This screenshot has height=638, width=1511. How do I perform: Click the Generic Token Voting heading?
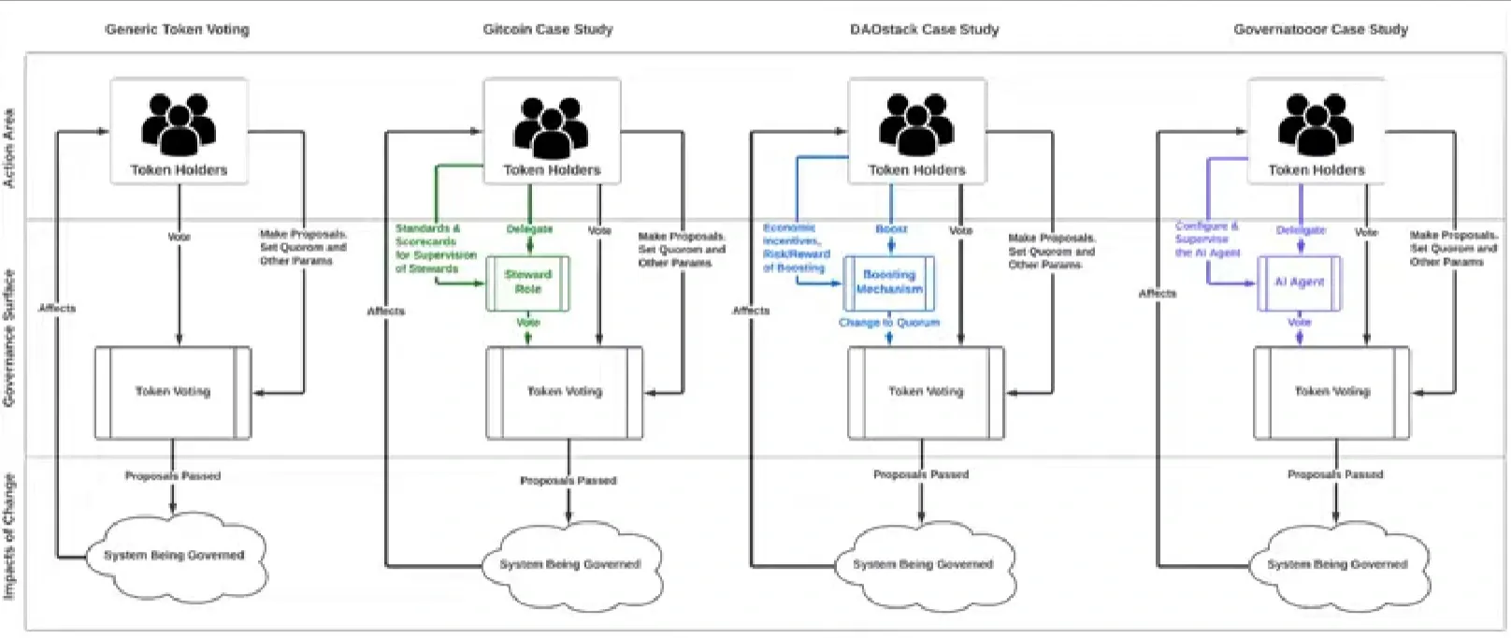178,29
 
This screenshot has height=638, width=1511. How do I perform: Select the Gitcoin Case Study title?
548,29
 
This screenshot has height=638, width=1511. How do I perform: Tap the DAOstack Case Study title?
924,29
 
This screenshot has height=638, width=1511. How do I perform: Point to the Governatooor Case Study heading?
1320,29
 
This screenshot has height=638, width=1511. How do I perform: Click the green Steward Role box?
527,283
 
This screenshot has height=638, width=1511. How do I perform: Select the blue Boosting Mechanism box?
888,283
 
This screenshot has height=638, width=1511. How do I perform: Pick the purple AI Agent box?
1299,283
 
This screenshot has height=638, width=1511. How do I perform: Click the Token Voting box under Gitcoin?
564,392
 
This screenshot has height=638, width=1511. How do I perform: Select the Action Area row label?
9,148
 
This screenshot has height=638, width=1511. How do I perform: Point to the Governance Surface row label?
9,338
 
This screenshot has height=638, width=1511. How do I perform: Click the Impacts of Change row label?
9,536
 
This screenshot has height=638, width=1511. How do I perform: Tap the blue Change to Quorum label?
888,323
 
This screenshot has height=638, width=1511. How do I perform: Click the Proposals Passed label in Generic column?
173,476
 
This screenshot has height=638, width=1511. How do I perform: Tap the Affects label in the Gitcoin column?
385,311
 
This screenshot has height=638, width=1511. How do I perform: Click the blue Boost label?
891,229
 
